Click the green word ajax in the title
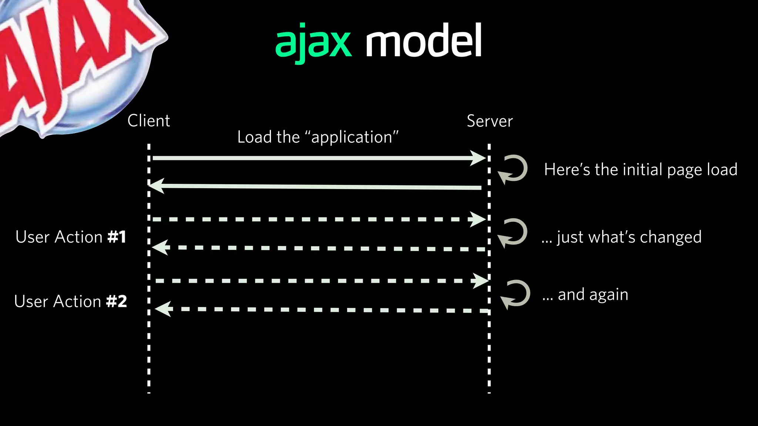tap(313, 43)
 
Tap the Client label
tap(148, 121)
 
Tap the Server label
tap(490, 121)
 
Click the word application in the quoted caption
tap(352, 137)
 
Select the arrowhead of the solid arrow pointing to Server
tap(478, 158)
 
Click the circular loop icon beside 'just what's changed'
tap(513, 232)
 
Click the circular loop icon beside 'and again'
tap(516, 294)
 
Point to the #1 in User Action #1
tap(117, 237)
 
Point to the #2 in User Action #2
tap(116, 301)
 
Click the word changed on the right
tap(670, 237)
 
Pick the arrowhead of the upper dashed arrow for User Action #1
tap(478, 219)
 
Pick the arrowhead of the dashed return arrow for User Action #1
tap(160, 247)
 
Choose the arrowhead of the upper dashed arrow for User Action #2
tap(480, 281)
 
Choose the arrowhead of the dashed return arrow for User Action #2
tap(163, 308)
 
